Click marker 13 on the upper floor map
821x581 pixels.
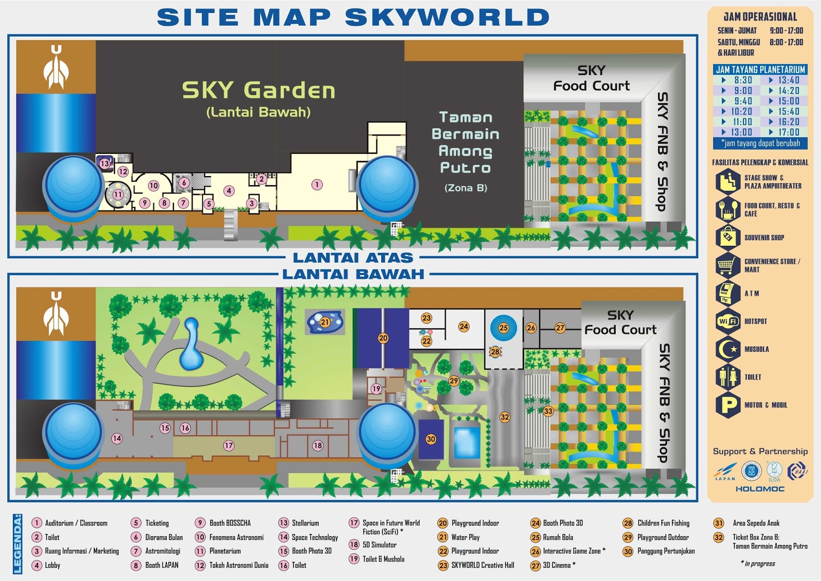tap(105, 164)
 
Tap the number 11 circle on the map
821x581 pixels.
tap(119, 195)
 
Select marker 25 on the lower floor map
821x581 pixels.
tap(503, 327)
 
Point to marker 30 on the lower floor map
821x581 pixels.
tap(431, 439)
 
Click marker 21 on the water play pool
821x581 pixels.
tap(325, 322)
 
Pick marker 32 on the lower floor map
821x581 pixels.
tap(505, 417)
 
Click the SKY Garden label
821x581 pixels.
tap(259, 90)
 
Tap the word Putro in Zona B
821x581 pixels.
tap(465, 168)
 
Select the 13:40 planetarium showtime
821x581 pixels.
tap(789, 80)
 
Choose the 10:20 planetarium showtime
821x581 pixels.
tap(741, 111)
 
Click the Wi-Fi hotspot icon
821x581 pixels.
tap(728, 321)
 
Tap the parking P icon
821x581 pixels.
tap(728, 405)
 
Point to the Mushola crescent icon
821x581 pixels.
tap(728, 349)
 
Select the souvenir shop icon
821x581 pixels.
tap(728, 238)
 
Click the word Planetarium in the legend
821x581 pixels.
tap(225, 551)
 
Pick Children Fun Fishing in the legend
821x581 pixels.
tap(663, 523)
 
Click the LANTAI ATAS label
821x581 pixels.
tap(353, 258)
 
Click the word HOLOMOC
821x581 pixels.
tap(760, 489)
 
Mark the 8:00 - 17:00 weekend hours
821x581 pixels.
tap(786, 42)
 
